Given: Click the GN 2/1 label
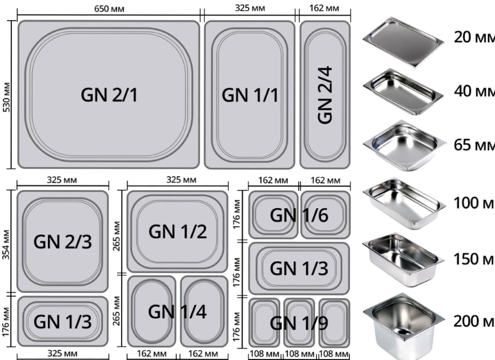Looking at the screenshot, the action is point(109,95).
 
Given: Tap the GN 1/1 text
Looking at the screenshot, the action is point(250,95).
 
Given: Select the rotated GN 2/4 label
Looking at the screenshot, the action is point(325,95).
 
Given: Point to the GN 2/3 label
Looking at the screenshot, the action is point(63,242).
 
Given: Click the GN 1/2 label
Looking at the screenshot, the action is point(177,232).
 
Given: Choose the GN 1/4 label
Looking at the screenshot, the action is point(177,312).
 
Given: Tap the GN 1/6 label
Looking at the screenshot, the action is point(299,215).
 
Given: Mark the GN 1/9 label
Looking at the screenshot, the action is point(299,323).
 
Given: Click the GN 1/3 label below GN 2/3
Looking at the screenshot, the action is point(63,322).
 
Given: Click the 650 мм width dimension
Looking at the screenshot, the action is point(109,9).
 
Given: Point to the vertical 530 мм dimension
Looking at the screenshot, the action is point(7,97).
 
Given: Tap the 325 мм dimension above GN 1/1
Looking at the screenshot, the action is point(250,8).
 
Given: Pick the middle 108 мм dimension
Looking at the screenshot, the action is point(299,354).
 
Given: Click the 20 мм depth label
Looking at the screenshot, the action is point(474,37).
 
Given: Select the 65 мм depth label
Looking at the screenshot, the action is point(474,145).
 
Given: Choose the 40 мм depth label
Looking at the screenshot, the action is point(474,91).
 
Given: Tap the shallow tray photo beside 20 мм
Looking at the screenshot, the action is point(404,42).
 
